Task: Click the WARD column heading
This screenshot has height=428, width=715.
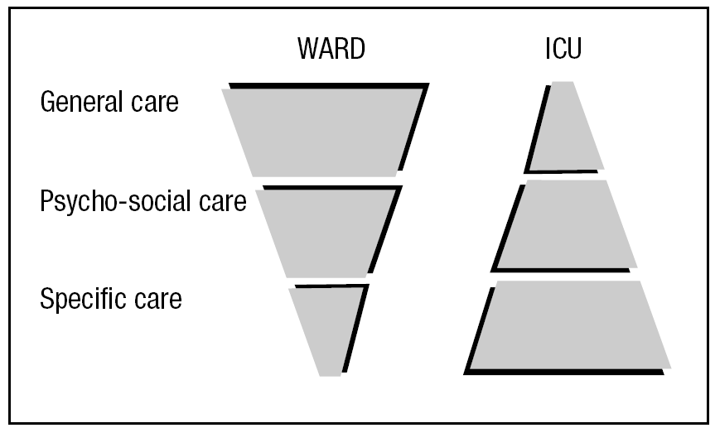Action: (x=331, y=50)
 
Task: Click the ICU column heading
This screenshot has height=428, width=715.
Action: (x=563, y=50)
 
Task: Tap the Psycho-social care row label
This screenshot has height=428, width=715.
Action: (x=143, y=201)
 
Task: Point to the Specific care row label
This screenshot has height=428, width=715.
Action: (x=111, y=298)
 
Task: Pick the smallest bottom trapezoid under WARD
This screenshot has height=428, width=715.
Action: (x=326, y=328)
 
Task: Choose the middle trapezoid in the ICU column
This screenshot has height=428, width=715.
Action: (x=564, y=225)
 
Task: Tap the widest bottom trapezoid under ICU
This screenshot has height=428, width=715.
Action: (x=568, y=326)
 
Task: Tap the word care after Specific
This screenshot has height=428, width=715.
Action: (x=157, y=299)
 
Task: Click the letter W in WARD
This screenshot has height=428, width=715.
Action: (x=307, y=50)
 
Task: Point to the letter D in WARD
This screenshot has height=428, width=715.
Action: (x=356, y=50)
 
